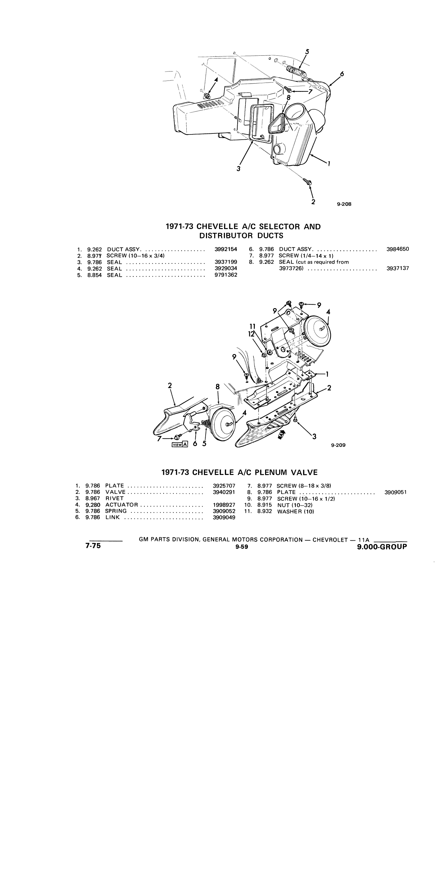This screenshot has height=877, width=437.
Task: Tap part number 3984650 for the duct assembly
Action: (x=398, y=249)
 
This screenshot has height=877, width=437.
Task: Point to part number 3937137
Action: (x=398, y=268)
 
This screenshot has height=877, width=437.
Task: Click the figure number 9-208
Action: (x=344, y=204)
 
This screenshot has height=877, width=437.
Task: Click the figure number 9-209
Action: (x=338, y=445)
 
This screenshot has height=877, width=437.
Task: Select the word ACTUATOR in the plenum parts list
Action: (x=122, y=505)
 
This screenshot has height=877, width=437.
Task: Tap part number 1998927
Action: (x=224, y=505)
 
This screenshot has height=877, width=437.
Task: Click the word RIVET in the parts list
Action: (x=114, y=498)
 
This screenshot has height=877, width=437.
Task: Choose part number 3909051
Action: (x=395, y=492)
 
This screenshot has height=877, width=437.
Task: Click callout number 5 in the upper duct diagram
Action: (x=307, y=52)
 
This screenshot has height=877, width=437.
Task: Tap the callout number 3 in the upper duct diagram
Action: (x=238, y=169)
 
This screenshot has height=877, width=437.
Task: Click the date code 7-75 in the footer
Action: (x=93, y=546)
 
